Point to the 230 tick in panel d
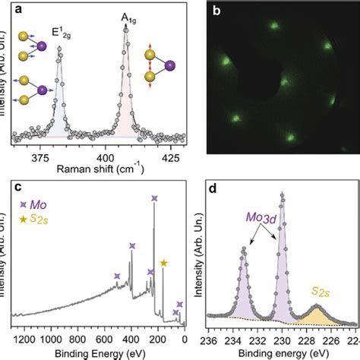point(283,339)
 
